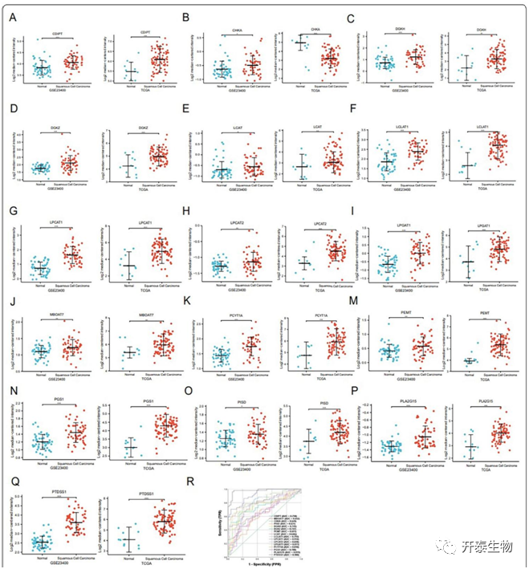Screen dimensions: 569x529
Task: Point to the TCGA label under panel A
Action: click(x=141, y=95)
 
